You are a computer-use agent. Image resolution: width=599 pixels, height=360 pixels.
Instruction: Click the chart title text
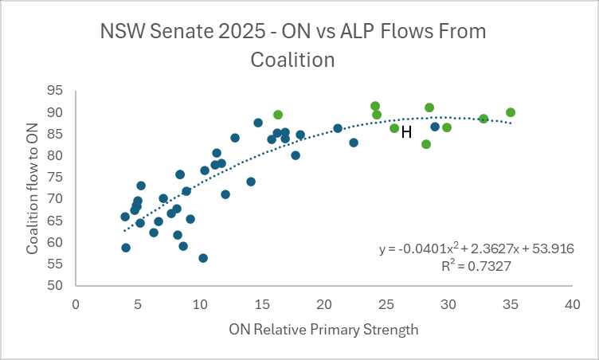(292, 45)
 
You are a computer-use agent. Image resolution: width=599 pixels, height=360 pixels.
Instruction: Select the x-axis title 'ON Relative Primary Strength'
(323, 328)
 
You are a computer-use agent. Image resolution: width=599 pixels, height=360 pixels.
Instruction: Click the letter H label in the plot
(406, 132)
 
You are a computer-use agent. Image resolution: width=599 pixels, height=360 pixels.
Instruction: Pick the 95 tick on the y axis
(57, 91)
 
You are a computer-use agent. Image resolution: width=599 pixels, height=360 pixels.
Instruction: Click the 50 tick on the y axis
(57, 285)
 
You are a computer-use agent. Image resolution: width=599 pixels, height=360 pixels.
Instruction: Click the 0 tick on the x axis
(76, 303)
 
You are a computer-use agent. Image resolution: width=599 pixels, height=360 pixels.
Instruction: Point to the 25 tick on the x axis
(386, 303)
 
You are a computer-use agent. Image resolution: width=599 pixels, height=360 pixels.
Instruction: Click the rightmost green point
(511, 112)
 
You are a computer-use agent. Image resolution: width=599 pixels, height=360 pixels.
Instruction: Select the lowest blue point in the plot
(203, 258)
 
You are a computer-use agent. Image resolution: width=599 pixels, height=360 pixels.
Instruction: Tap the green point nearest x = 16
(278, 115)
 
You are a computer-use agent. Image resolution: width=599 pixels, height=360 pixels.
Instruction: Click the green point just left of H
(394, 128)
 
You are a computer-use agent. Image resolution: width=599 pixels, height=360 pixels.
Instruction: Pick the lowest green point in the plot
(426, 144)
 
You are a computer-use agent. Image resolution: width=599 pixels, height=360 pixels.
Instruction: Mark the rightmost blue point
(435, 127)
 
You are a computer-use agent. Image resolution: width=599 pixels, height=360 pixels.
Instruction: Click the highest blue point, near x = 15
(258, 123)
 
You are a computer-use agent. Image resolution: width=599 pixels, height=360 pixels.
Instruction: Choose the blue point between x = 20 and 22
(338, 128)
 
